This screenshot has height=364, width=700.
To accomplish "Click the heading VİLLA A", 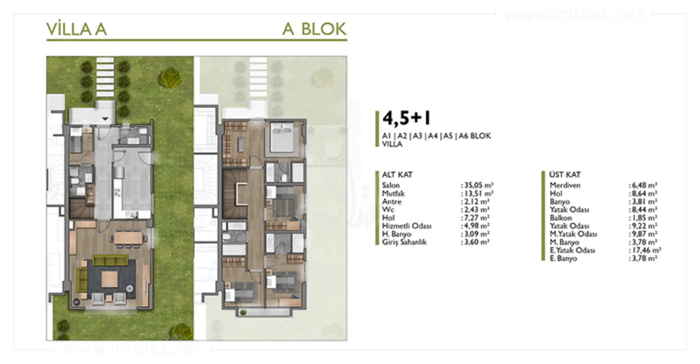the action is [x=77, y=29].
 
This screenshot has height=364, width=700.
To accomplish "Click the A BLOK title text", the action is [x=315, y=29].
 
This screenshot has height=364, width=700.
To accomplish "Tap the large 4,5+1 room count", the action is [x=406, y=118].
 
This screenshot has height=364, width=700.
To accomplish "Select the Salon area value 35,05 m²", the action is [x=477, y=185].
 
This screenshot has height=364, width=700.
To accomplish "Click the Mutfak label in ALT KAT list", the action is [x=393, y=193].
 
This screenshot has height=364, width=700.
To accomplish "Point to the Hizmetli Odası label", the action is [x=406, y=226].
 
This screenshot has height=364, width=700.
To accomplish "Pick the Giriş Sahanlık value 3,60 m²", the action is [x=475, y=242].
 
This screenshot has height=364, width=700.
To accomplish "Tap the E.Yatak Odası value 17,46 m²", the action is [x=645, y=250].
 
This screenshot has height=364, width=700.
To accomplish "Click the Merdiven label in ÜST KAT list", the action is [x=565, y=185].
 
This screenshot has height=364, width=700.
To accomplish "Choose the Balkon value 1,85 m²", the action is [x=643, y=218].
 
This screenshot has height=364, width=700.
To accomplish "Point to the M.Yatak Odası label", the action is [x=573, y=234].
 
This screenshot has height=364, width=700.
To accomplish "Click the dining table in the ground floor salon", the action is [x=128, y=238].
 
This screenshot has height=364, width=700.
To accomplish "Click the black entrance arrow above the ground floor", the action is [x=105, y=119].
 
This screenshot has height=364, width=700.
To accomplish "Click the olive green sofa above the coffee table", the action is [x=110, y=260].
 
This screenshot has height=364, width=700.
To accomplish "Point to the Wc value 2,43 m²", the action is [x=475, y=210].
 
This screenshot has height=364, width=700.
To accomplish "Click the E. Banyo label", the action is [x=563, y=259].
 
